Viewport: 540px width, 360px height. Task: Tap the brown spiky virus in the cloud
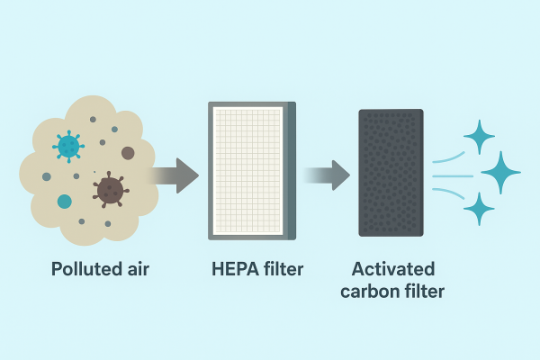coord(110,188)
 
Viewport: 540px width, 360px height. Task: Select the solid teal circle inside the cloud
coord(65,202)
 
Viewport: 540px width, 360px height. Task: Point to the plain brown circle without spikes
coord(128,153)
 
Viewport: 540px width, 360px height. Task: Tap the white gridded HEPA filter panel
coord(247,171)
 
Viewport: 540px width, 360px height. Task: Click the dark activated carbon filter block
coord(391,172)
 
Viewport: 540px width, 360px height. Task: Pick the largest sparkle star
coord(500,172)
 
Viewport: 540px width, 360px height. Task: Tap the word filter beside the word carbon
coord(424,291)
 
